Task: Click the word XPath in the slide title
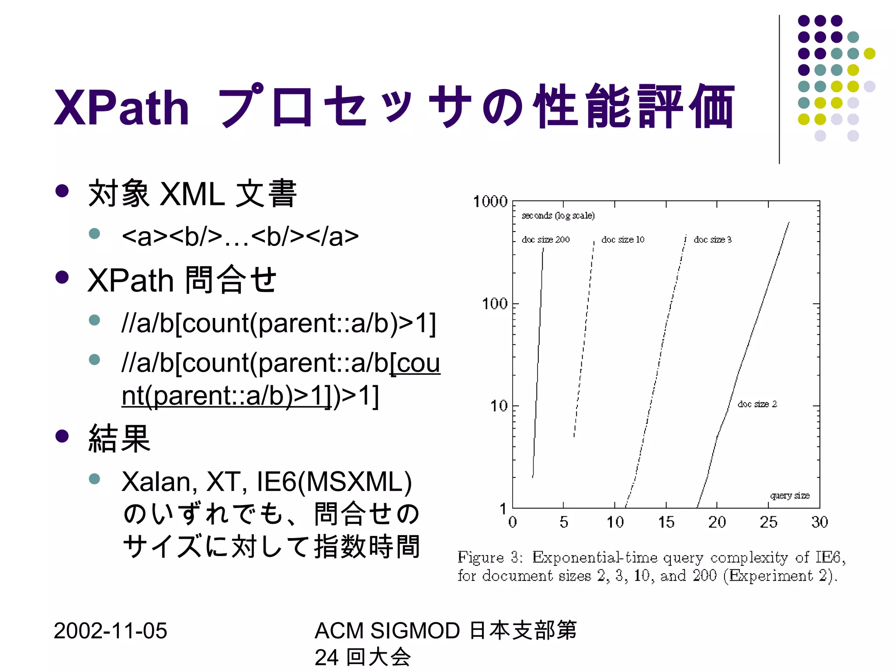[x=121, y=107]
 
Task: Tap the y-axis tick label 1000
[x=490, y=202]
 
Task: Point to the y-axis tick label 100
[x=494, y=304]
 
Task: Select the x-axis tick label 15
[x=666, y=522]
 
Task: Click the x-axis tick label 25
[x=768, y=522]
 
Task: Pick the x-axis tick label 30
[x=819, y=522]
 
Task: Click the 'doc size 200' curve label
[x=545, y=240]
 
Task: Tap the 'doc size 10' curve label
[x=623, y=240]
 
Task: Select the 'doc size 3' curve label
[x=712, y=240]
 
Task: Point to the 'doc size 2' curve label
[x=757, y=404]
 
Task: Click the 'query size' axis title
[x=790, y=495]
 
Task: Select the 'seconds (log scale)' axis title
[x=558, y=216]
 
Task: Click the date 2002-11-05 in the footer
[x=110, y=631]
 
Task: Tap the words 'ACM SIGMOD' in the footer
[x=387, y=631]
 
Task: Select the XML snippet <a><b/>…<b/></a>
[x=240, y=236]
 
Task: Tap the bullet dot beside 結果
[x=62, y=436]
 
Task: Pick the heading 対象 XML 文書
[x=192, y=194]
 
